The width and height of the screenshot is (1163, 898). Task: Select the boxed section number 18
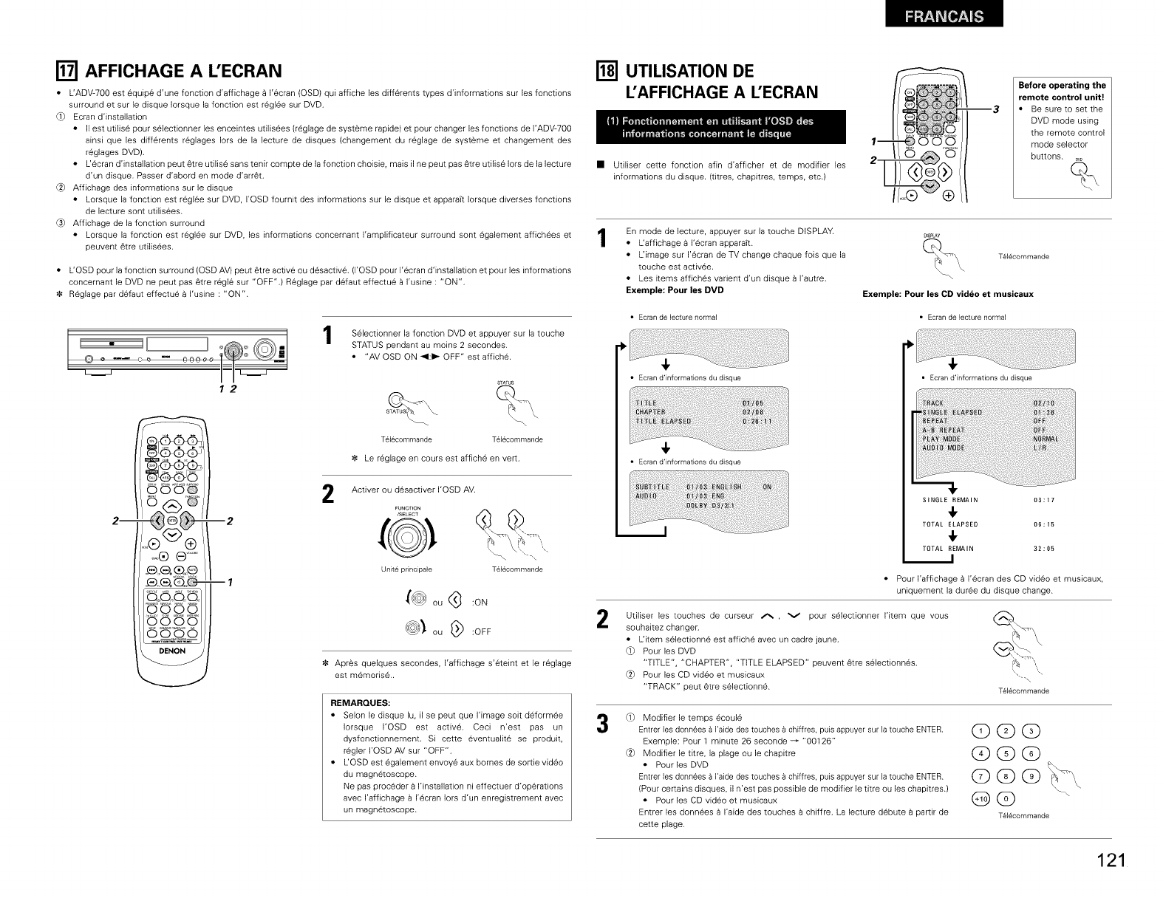pos(611,71)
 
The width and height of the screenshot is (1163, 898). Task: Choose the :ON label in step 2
pos(480,603)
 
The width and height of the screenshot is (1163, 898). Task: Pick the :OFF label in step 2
pos(482,632)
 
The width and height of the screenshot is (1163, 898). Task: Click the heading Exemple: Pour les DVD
pos(675,289)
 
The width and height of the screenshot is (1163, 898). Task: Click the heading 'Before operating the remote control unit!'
pos(1061,90)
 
